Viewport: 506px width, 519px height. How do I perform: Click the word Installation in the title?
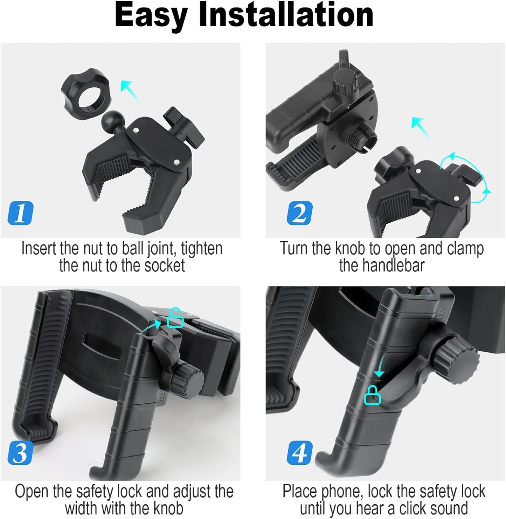coord(286,15)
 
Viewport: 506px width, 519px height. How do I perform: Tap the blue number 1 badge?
coord(21,213)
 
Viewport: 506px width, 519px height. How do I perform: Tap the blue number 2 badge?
coord(299,213)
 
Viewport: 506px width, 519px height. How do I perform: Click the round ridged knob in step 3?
coord(187,380)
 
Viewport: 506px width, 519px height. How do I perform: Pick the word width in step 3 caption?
coord(81,508)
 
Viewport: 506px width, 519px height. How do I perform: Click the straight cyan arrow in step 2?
coord(421,128)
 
